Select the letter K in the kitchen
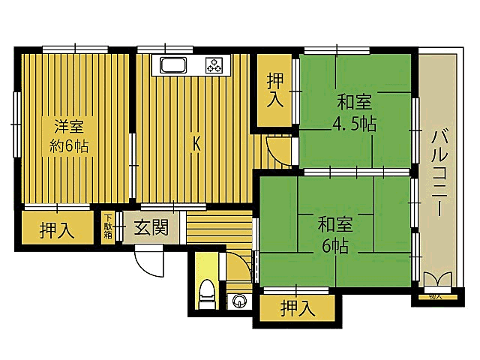[x=196, y=143]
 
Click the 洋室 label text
[x=69, y=125]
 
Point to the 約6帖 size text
[x=69, y=145]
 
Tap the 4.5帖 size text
[x=355, y=124]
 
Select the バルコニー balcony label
[x=439, y=173]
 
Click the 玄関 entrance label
[x=151, y=228]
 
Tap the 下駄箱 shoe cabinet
[x=109, y=227]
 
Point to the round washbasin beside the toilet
[x=239, y=301]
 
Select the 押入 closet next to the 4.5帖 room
[x=275, y=89]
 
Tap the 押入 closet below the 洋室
[x=57, y=229]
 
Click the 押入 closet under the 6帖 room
[x=298, y=307]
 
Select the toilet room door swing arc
[x=235, y=266]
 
